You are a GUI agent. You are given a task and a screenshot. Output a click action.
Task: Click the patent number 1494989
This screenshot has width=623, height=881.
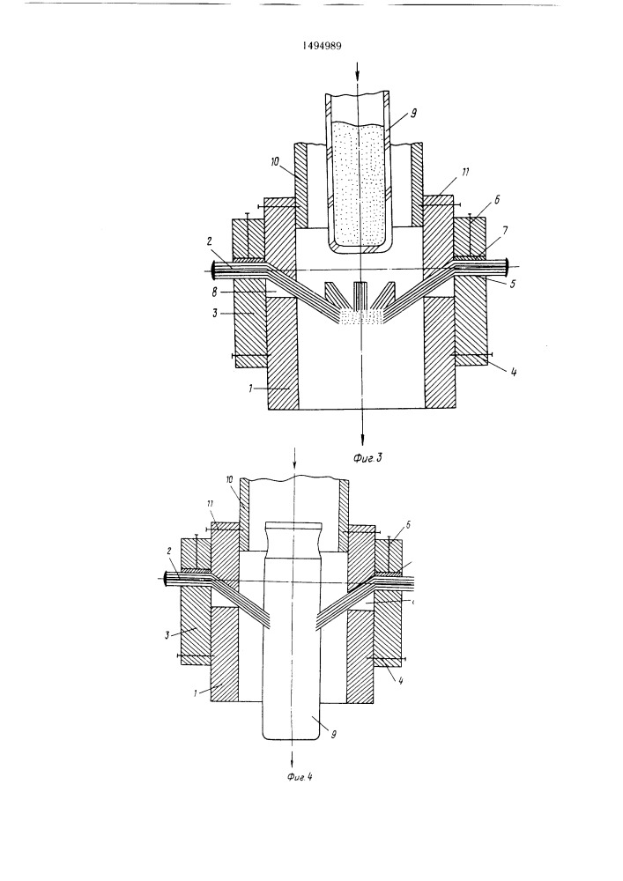pos(323,46)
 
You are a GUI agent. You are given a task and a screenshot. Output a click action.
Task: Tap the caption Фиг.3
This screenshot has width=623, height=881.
pos(368,458)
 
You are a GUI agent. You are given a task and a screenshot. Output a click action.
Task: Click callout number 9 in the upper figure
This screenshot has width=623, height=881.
pos(413,114)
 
